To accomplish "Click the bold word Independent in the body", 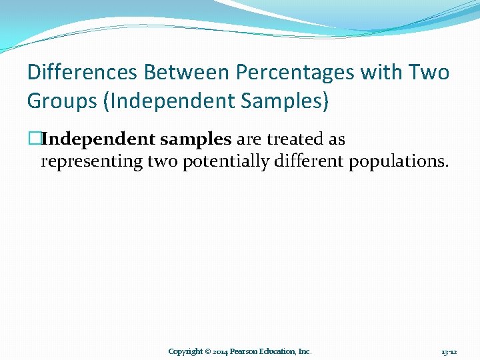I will click(x=99, y=139).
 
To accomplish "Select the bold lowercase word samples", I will click(x=196, y=139).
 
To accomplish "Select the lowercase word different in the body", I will click(x=304, y=161).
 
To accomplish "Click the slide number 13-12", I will click(x=449, y=351).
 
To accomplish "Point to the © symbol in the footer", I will click(x=208, y=351).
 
